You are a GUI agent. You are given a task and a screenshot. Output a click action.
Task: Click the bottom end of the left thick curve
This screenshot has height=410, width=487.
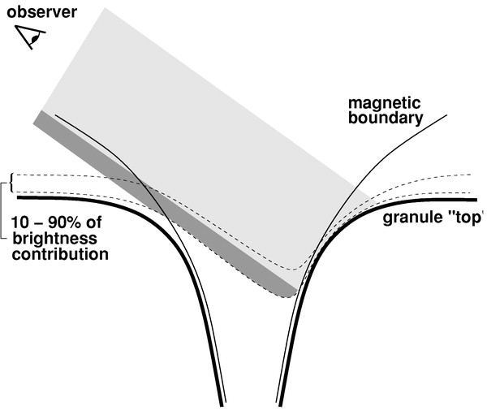coord(221,404)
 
